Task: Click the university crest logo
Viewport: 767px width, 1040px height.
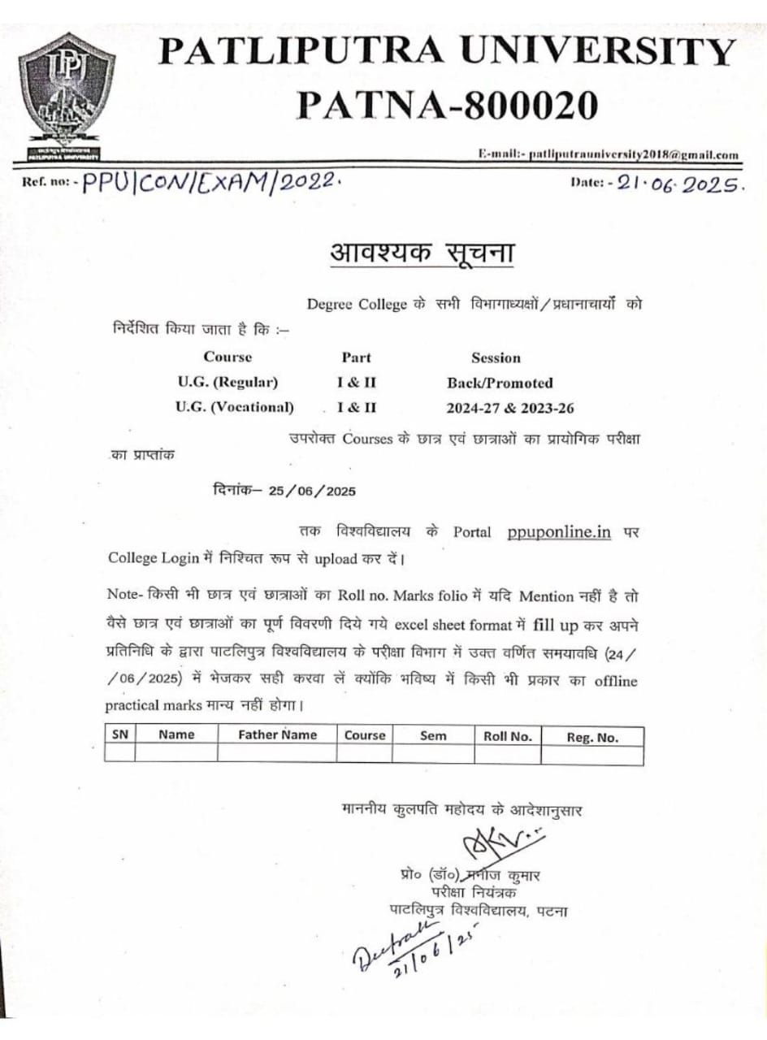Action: [64, 90]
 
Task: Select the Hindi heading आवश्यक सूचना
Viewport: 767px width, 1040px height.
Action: [422, 252]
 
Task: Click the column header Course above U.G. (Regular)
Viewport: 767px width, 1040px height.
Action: [227, 357]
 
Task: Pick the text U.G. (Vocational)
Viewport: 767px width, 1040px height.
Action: [235, 406]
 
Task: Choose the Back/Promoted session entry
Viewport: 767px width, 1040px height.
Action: [500, 383]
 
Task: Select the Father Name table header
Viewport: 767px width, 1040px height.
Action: [276, 734]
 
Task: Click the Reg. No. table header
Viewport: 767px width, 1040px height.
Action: [592, 737]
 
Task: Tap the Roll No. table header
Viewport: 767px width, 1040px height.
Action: [508, 735]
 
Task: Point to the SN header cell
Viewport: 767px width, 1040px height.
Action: [119, 734]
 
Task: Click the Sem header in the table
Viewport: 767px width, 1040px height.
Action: [432, 735]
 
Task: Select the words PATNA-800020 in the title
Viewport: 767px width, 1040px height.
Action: [448, 104]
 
